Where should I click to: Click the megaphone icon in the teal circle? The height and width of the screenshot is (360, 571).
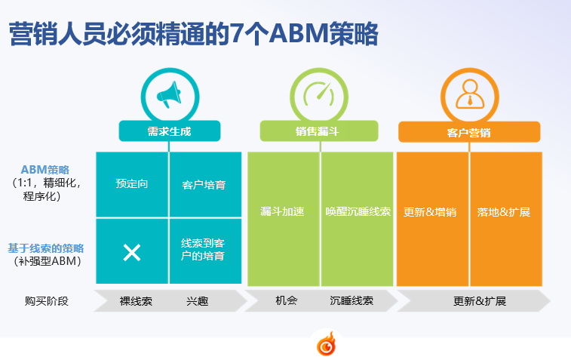[169, 94]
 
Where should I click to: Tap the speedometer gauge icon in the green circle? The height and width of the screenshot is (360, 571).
[319, 94]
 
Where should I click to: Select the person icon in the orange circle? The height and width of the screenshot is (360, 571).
[470, 94]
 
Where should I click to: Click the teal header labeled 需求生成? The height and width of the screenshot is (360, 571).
[169, 131]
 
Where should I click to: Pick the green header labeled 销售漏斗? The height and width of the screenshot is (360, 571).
[319, 131]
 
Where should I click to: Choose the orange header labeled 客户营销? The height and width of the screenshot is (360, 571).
[469, 132]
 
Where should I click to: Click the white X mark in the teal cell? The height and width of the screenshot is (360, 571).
[132, 253]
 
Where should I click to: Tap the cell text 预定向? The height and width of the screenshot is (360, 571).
[132, 183]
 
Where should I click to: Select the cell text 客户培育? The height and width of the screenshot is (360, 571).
[204, 185]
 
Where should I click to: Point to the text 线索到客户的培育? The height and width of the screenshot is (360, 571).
[203, 250]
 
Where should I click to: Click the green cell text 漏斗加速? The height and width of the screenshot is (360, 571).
[282, 211]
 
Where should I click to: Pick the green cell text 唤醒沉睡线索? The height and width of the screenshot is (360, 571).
[358, 211]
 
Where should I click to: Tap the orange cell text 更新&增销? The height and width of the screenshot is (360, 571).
[430, 212]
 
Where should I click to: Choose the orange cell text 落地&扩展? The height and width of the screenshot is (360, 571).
[504, 212]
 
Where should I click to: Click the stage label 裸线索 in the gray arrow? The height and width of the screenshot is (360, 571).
[136, 301]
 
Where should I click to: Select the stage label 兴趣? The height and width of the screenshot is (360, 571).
[198, 301]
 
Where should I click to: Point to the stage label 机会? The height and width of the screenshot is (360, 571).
[287, 300]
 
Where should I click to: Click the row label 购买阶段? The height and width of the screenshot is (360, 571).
[47, 301]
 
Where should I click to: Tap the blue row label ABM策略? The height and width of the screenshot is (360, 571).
[45, 169]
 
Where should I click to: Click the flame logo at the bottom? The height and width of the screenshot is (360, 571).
[327, 343]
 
